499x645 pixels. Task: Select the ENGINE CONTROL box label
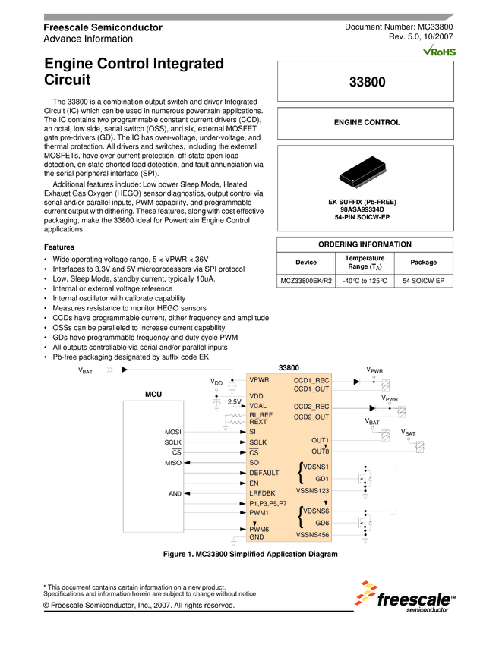367,122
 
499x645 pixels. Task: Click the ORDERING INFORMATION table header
367,244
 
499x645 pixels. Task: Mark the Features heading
59,247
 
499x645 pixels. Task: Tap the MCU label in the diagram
154,395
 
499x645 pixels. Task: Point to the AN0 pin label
175,493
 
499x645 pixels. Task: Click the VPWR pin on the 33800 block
259,379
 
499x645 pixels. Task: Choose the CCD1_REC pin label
311,379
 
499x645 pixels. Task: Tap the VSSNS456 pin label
312,535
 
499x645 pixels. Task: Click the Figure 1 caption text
250,555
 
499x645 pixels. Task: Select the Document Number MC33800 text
399,27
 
